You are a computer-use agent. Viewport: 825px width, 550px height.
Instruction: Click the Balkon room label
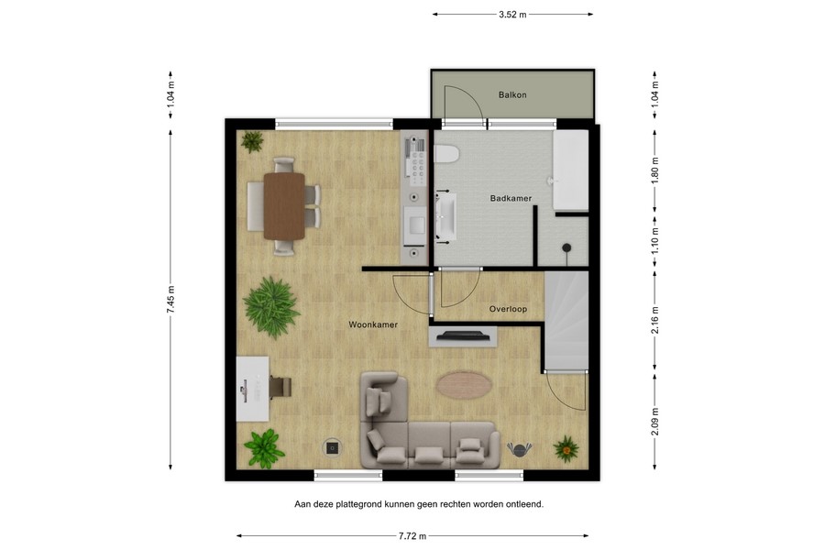click(512, 95)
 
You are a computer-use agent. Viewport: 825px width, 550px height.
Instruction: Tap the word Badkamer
click(511, 199)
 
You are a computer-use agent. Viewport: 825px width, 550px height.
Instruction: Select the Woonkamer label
click(372, 325)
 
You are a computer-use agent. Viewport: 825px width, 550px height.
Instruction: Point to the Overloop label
click(508, 310)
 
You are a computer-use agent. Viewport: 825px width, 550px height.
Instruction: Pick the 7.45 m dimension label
click(170, 301)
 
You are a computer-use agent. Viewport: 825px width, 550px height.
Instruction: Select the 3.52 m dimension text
click(512, 14)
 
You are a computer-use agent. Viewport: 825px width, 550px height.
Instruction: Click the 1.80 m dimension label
click(654, 170)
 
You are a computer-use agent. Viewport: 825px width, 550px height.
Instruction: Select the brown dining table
click(283, 205)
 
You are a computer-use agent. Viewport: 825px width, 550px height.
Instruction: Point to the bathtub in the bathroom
click(572, 170)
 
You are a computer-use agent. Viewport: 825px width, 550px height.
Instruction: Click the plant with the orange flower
click(566, 448)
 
